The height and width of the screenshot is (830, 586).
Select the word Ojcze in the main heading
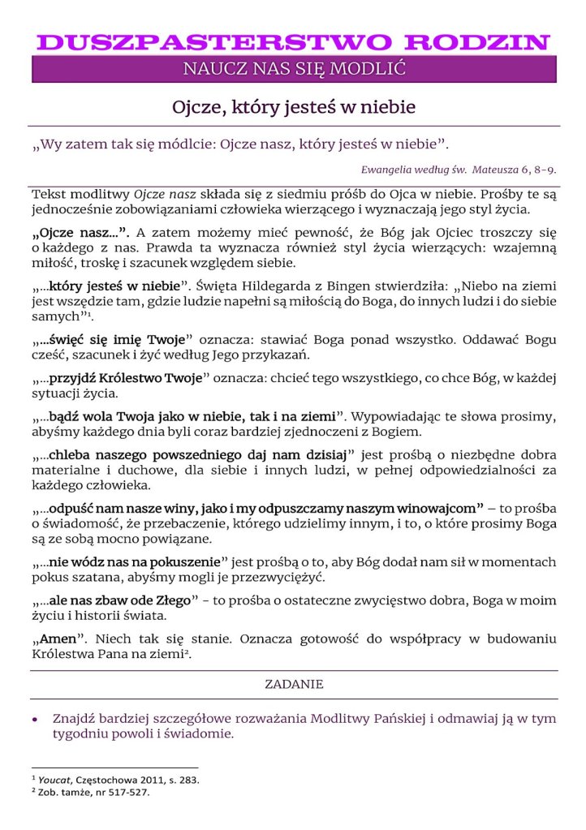[197, 106]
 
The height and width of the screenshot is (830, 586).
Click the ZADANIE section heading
[294, 684]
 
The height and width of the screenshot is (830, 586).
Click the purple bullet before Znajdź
[35, 719]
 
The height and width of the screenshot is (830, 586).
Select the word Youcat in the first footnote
[54, 780]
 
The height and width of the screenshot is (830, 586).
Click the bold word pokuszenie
[186, 561]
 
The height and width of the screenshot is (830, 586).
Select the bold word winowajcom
[442, 509]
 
